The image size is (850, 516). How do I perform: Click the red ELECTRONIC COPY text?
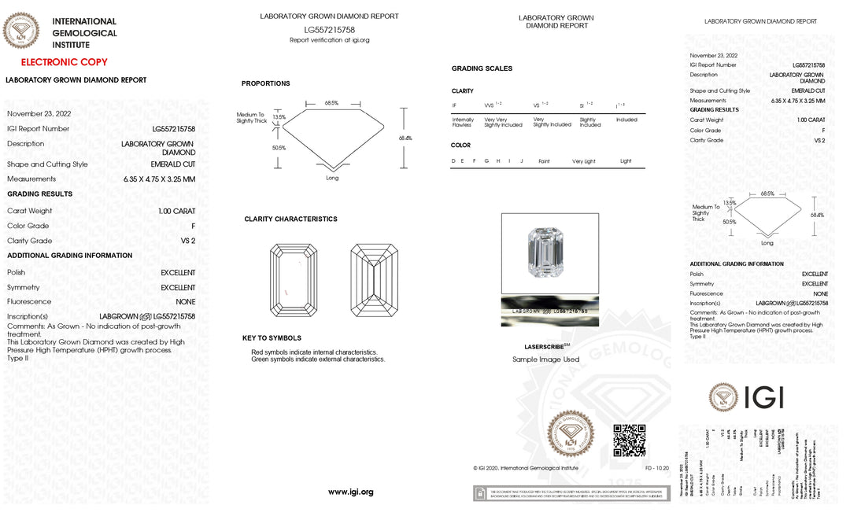point(64,62)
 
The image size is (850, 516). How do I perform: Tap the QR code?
point(629,440)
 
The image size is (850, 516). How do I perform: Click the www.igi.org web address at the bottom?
point(350,492)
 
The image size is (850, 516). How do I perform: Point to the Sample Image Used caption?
point(545,359)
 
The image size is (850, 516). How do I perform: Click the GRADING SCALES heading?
point(482,68)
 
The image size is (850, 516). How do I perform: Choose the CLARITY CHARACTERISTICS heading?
point(290,219)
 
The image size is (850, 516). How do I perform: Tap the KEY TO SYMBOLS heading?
point(272,338)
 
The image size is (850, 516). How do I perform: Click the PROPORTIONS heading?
point(265,83)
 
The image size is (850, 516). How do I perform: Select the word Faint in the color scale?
point(544,161)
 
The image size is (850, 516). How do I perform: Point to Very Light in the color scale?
point(584,161)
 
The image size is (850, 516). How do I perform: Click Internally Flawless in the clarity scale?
point(463,122)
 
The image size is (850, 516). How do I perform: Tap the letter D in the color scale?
point(453,161)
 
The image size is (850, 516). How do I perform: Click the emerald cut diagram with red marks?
point(294,281)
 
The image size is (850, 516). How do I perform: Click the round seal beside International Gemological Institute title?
point(21,32)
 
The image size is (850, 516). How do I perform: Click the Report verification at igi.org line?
point(329,40)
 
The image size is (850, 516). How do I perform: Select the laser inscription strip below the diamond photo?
point(549,311)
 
